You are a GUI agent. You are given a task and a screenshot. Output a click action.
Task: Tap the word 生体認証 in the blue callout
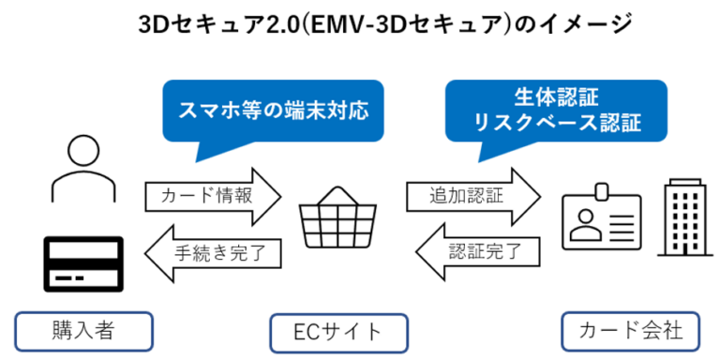coord(556,97)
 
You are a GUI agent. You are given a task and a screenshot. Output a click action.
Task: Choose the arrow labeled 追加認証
coord(473,196)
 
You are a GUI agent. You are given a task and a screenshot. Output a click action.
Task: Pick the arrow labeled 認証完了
coord(477,250)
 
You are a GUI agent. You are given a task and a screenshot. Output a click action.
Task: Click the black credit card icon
coord(83,265)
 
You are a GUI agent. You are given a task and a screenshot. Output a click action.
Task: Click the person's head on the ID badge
coord(586,217)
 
